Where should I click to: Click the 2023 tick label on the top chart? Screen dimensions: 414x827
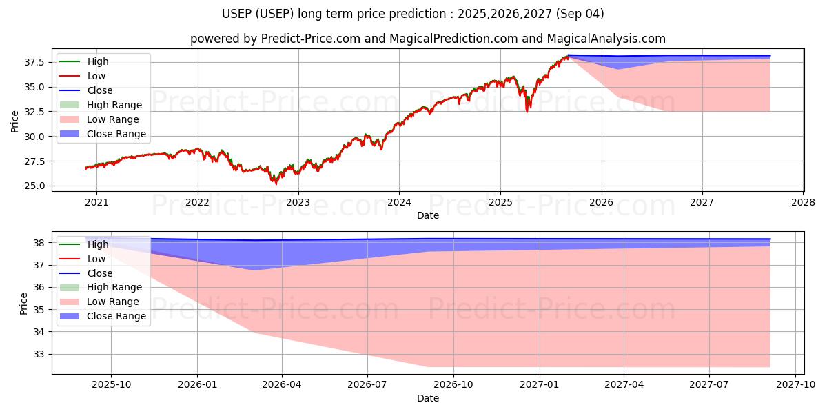pyautogui.click(x=298, y=202)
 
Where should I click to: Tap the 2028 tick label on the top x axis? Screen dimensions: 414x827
pyautogui.click(x=804, y=202)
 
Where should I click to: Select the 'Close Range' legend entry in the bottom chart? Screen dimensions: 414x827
pyautogui.click(x=116, y=316)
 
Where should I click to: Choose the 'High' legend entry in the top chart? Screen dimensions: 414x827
pyautogui.click(x=98, y=61)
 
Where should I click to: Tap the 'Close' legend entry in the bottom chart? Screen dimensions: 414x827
pyautogui.click(x=100, y=273)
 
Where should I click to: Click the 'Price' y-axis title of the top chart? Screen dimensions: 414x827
pyautogui.click(x=14, y=121)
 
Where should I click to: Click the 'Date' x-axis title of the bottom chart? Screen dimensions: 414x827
pyautogui.click(x=427, y=398)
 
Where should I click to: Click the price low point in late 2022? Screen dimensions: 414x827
pyautogui.click(x=276, y=184)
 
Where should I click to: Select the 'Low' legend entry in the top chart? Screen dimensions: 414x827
pyautogui.click(x=96, y=76)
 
